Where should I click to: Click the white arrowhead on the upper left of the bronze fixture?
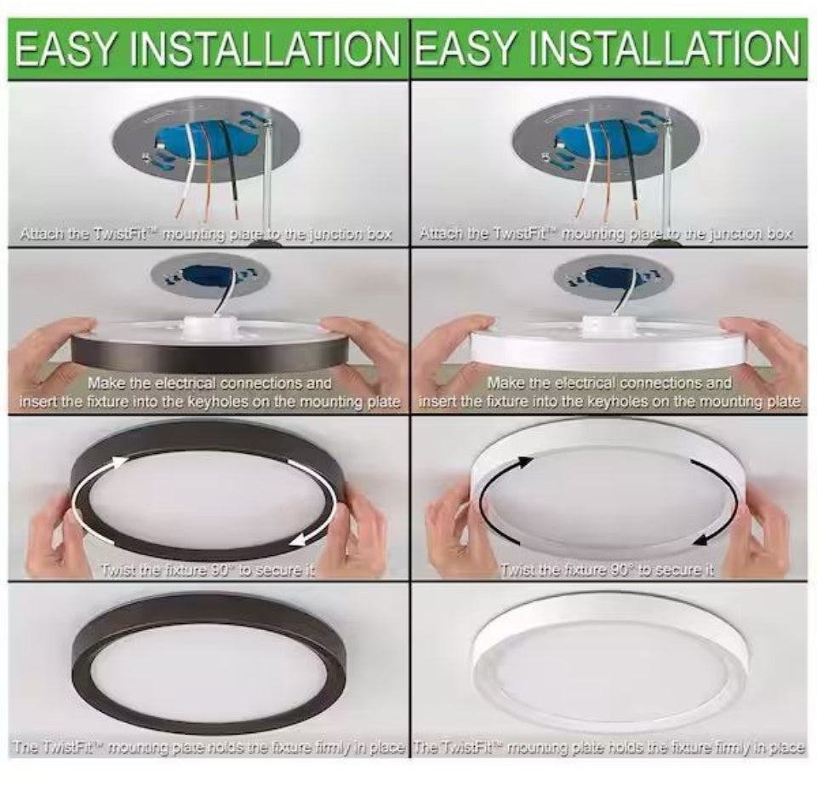click(120, 462)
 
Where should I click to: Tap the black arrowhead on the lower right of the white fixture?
click(700, 538)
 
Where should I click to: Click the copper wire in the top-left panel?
click(207, 172)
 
